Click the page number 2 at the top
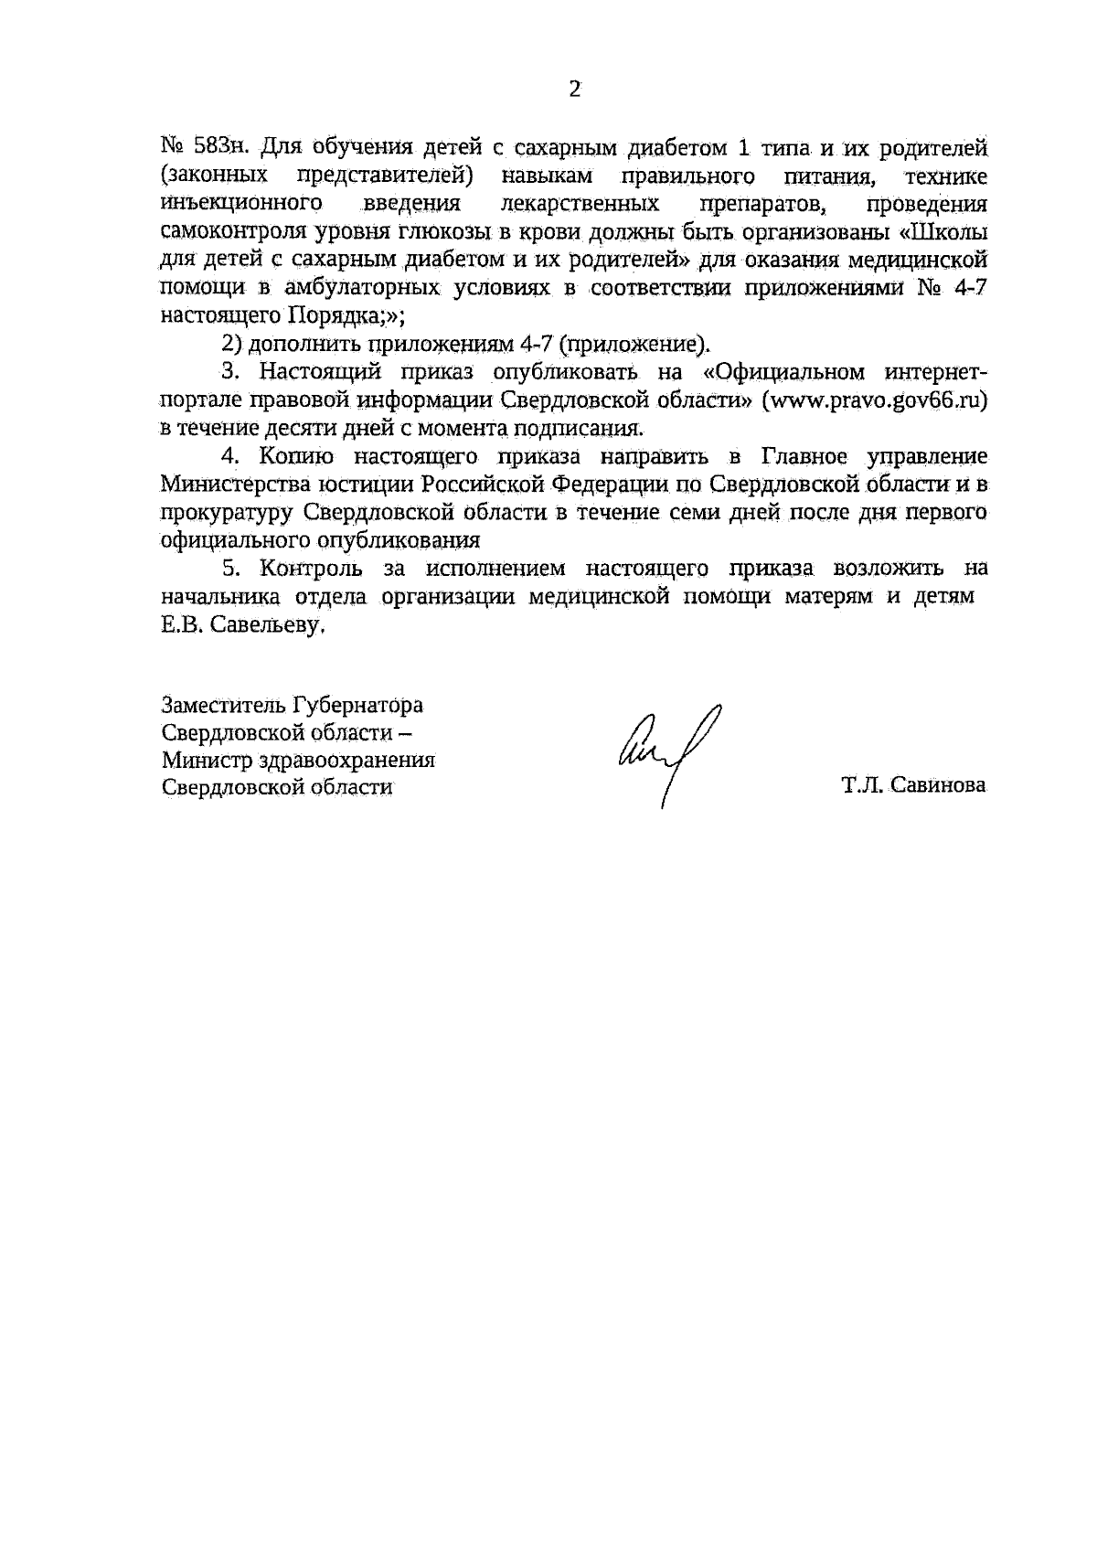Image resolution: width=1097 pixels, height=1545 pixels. [574, 90]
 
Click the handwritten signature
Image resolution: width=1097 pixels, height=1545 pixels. [669, 751]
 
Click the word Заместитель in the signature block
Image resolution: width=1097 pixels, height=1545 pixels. [224, 706]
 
